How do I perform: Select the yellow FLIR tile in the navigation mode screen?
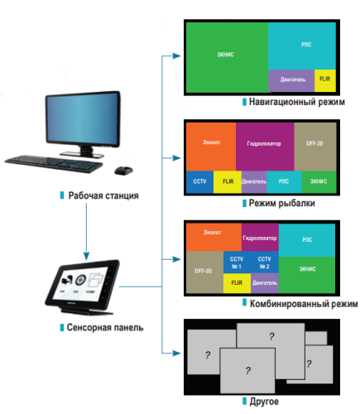[324, 81]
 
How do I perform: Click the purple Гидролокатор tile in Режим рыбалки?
[264, 145]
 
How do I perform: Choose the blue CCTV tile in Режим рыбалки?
[199, 180]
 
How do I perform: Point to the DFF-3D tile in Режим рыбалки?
[314, 145]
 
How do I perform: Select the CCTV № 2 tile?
[263, 262]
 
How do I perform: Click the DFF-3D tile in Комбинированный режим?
[204, 271]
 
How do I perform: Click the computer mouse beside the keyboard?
[122, 171]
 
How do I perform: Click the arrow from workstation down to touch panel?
[85, 232]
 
